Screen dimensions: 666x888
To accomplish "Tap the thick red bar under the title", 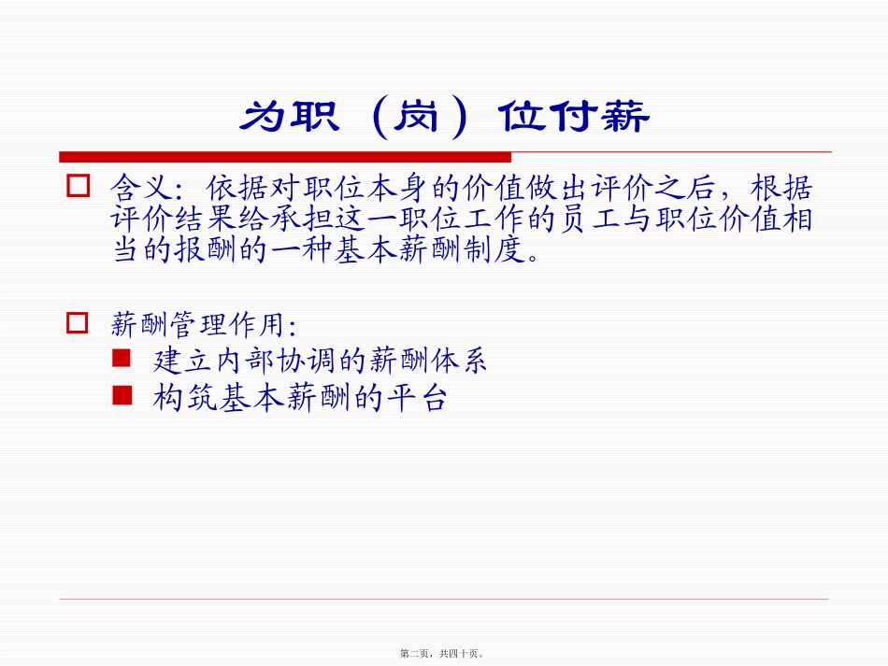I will click(285, 156).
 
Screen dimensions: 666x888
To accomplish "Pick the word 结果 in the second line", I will click(204, 221).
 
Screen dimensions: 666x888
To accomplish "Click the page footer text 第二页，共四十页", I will click(443, 654).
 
